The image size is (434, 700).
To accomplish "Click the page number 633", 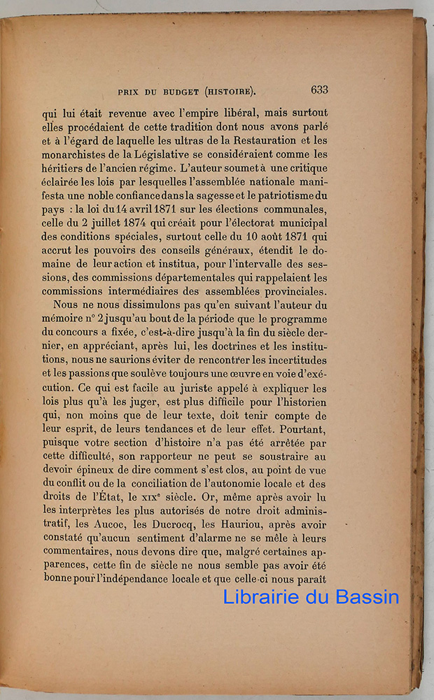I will (x=319, y=90).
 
